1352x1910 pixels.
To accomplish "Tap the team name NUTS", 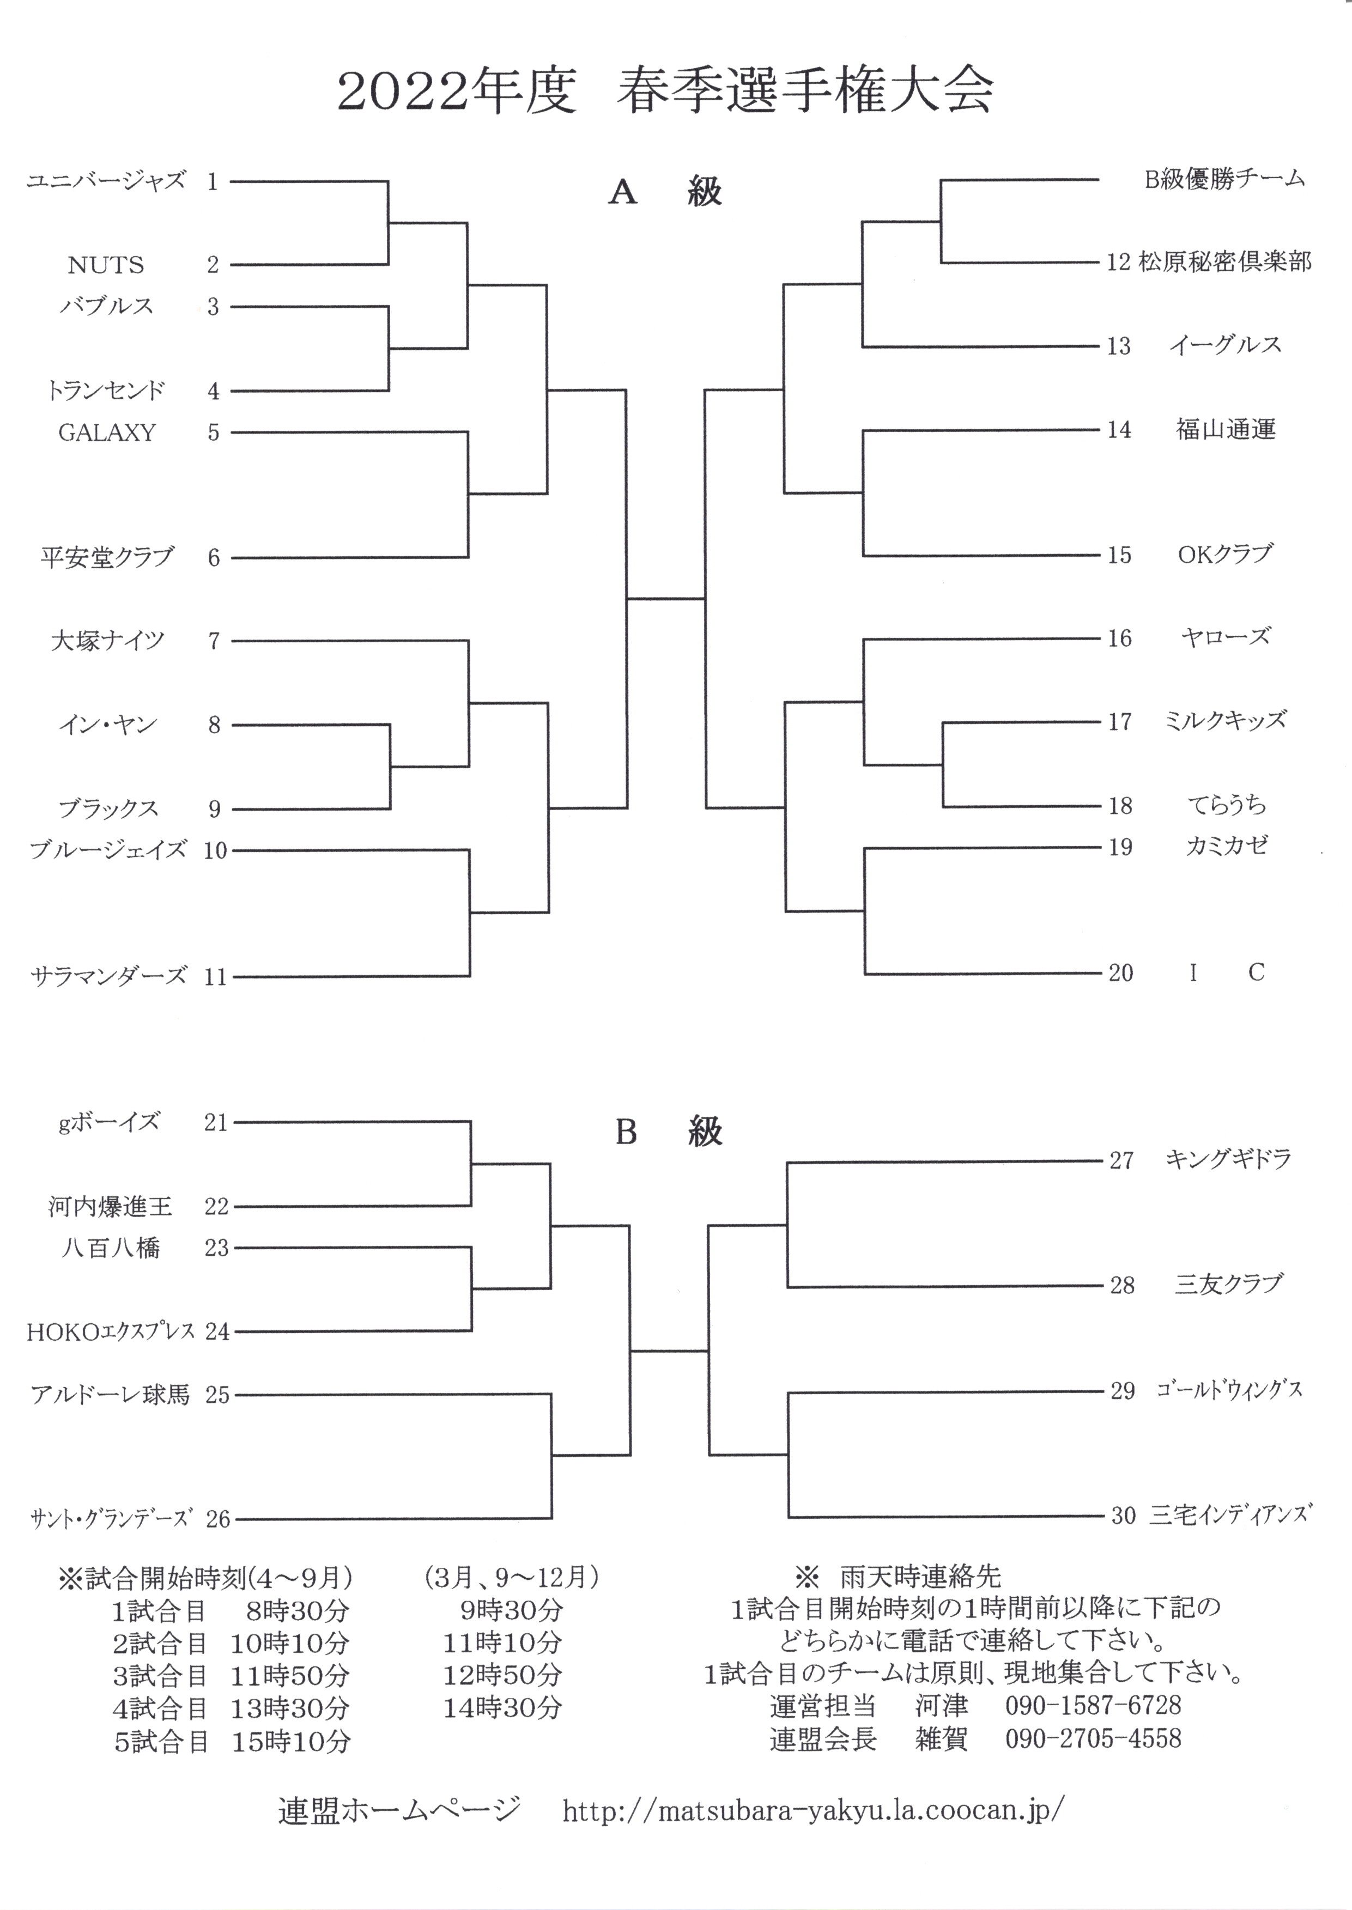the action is click(106, 265).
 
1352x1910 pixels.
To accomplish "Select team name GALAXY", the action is click(107, 433).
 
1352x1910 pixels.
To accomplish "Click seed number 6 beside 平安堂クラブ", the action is click(214, 558).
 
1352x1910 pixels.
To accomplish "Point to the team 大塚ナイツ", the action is click(108, 641).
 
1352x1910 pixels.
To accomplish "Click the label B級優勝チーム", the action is click(1224, 179).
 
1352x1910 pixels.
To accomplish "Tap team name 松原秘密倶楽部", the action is click(1226, 262).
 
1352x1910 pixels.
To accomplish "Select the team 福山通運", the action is click(1226, 429).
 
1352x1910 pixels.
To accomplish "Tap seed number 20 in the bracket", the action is click(1120, 973).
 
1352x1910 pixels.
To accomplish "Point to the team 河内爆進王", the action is click(110, 1206).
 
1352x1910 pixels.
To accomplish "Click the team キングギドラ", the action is click(1228, 1159).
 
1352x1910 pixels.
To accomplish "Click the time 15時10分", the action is click(290, 1742).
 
